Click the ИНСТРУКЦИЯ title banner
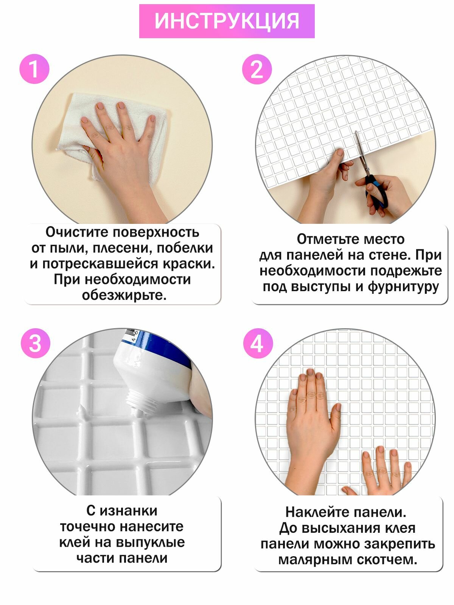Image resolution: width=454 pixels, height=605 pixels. (x=227, y=21)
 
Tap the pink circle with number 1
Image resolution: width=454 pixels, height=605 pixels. (x=34, y=69)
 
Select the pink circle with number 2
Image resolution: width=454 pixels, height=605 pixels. (x=257, y=69)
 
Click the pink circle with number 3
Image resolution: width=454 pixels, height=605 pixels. (x=36, y=343)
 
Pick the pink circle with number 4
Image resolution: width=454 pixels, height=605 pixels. (x=258, y=343)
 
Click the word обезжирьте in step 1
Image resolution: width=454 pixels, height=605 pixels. (x=124, y=295)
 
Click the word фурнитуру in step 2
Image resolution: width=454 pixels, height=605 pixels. (x=403, y=287)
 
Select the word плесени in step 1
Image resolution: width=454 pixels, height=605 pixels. (x=121, y=248)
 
